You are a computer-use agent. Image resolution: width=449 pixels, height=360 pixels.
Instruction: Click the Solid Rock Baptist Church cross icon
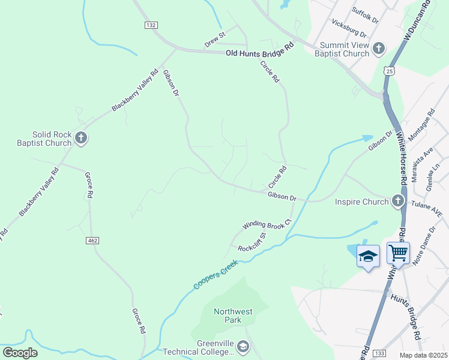pyautogui.click(x=81, y=139)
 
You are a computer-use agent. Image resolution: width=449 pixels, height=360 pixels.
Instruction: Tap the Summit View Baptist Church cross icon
pyautogui.click(x=379, y=48)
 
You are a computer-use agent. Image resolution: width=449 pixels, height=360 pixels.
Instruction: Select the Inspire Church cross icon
pyautogui.click(x=398, y=201)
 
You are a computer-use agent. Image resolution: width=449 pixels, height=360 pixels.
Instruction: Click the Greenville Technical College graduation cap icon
pyautogui.click(x=243, y=346)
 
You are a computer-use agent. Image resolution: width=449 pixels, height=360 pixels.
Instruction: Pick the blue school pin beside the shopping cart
pyautogui.click(x=368, y=256)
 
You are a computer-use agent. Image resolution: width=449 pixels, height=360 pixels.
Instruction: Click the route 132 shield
pyautogui.click(x=151, y=25)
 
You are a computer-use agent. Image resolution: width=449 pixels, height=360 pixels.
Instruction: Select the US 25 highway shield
pyautogui.click(x=390, y=71)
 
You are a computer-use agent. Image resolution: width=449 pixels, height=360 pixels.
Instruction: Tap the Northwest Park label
pyautogui.click(x=234, y=316)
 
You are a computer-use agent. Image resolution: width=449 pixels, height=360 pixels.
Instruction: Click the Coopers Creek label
pyautogui.click(x=215, y=275)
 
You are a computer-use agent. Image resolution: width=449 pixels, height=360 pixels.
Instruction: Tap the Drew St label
pyautogui.click(x=214, y=40)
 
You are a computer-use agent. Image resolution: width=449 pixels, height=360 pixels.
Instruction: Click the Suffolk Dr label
pyautogui.click(x=366, y=15)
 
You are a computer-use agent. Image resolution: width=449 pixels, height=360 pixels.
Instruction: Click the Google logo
pyautogui.click(x=20, y=352)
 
